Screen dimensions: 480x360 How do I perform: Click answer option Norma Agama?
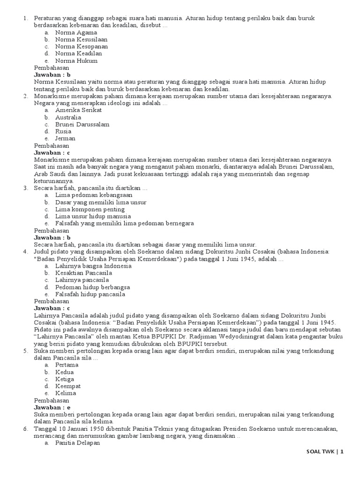tap(76, 33)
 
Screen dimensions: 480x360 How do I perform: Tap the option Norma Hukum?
tap(76, 61)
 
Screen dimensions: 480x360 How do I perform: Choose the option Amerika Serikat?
tap(78, 110)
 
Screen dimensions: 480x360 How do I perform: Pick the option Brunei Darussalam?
tap(82, 124)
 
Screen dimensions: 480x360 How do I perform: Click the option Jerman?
tap(65, 139)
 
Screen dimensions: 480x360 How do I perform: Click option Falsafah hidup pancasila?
tap(90, 294)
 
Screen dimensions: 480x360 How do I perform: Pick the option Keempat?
tap(68, 386)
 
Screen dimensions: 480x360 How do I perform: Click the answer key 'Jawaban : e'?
tap(52, 407)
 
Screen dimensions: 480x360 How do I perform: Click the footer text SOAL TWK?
tap(320, 452)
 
